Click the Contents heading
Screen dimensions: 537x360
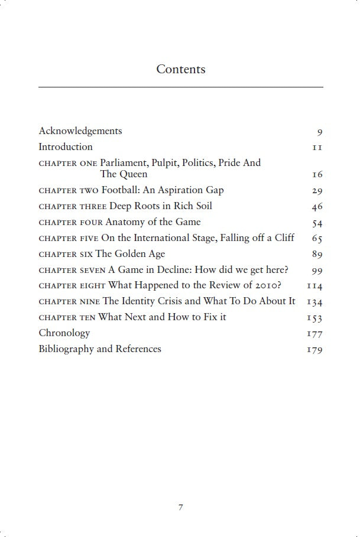pyautogui.click(x=180, y=69)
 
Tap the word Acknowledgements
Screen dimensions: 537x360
pyautogui.click(x=80, y=131)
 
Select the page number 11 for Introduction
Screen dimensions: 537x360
pyautogui.click(x=317, y=147)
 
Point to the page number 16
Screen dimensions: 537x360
pyautogui.click(x=317, y=175)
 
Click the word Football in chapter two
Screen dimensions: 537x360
pyautogui.click(x=121, y=190)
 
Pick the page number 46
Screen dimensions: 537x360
pyautogui.click(x=317, y=207)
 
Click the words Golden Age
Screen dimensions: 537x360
pyautogui.click(x=141, y=254)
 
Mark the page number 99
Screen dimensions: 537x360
pyautogui.click(x=317, y=271)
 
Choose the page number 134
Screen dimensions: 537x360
pyautogui.click(x=314, y=302)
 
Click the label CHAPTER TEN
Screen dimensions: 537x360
pyautogui.click(x=67, y=318)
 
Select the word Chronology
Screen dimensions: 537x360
pyautogui.click(x=64, y=333)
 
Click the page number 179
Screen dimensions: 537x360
pyautogui.click(x=314, y=350)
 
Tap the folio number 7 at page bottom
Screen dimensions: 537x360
pyautogui.click(x=180, y=507)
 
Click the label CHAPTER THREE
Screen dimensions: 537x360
pyautogui.click(x=73, y=207)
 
